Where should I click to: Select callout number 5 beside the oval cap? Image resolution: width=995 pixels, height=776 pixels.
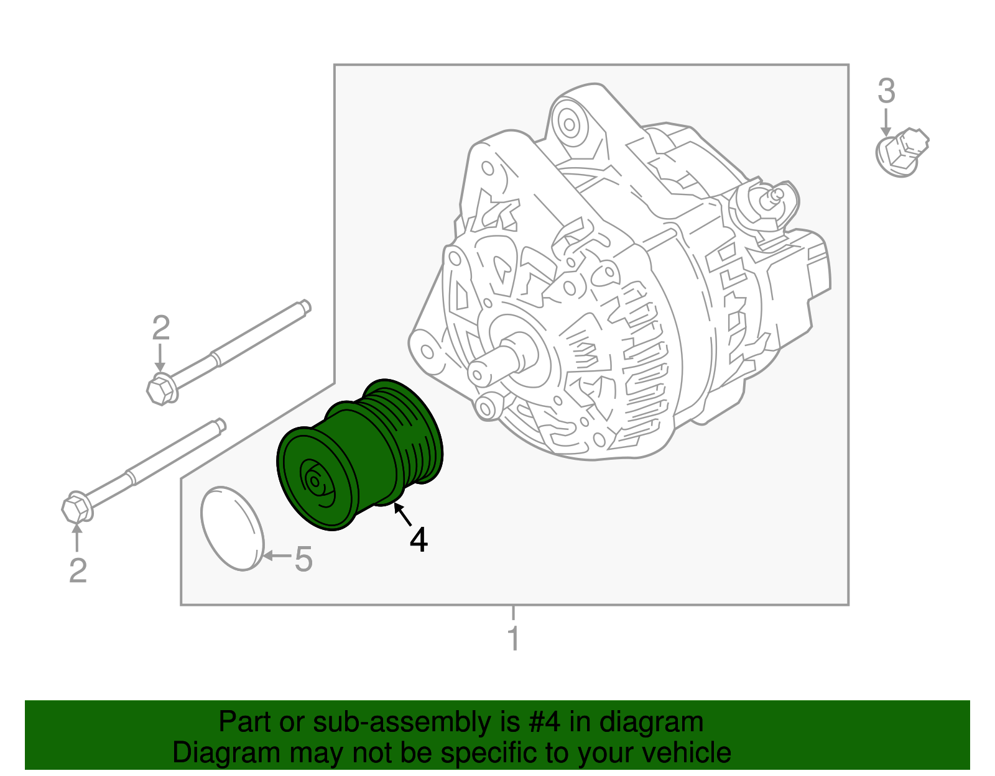click(x=303, y=559)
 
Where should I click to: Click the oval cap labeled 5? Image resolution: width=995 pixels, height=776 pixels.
click(x=232, y=528)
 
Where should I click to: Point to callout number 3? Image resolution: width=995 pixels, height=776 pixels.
click(x=886, y=91)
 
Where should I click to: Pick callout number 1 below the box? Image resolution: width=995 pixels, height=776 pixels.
click(x=514, y=639)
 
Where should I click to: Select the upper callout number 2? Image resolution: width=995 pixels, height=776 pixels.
click(x=161, y=328)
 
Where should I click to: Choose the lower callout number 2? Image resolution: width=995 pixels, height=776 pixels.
click(x=78, y=570)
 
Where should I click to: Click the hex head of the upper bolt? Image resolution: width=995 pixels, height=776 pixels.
click(x=161, y=390)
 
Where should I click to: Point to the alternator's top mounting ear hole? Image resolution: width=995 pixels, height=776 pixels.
click(x=568, y=122)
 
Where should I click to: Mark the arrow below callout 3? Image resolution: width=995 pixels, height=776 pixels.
click(x=886, y=121)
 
